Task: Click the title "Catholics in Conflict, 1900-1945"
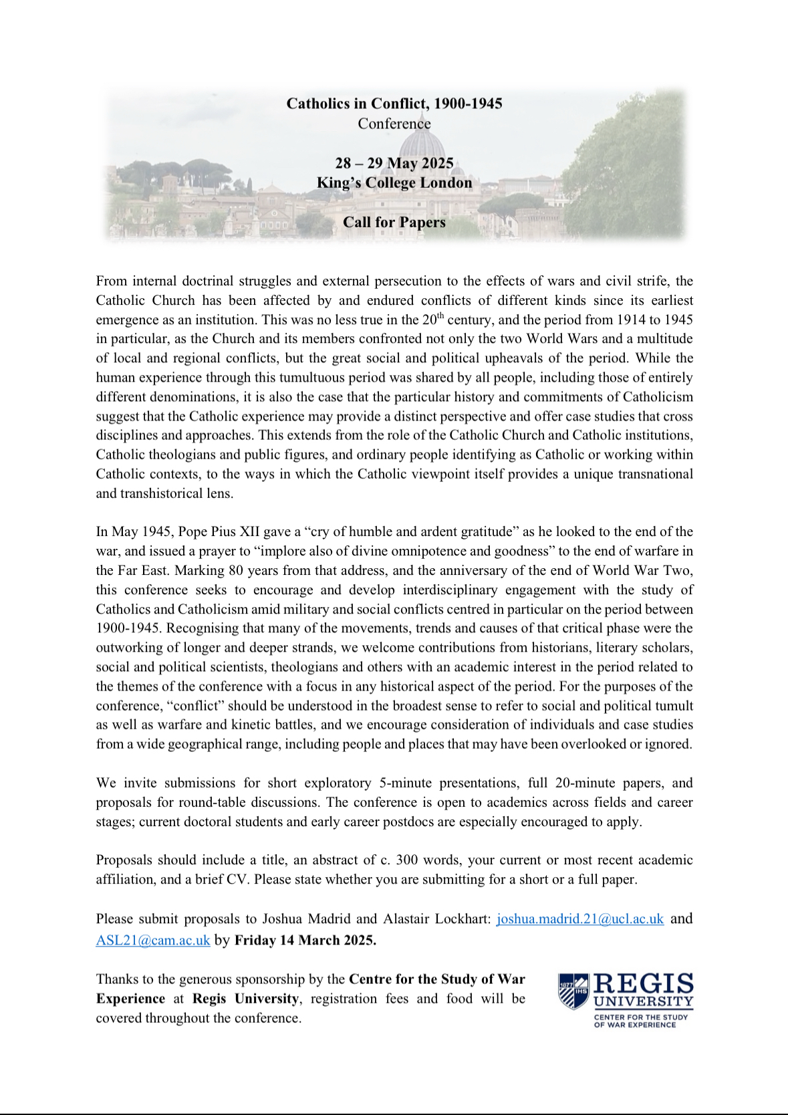(394, 104)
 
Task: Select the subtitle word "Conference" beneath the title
(394, 124)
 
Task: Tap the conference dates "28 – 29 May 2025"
(394, 163)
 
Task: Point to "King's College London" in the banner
(394, 182)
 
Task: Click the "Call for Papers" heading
(394, 222)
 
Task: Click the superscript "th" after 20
(440, 316)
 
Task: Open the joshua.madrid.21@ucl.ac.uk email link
(579, 918)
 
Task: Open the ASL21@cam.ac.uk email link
(153, 940)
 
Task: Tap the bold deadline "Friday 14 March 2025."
(305, 940)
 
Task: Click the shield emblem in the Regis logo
(573, 990)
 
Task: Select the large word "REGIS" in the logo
(643, 983)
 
